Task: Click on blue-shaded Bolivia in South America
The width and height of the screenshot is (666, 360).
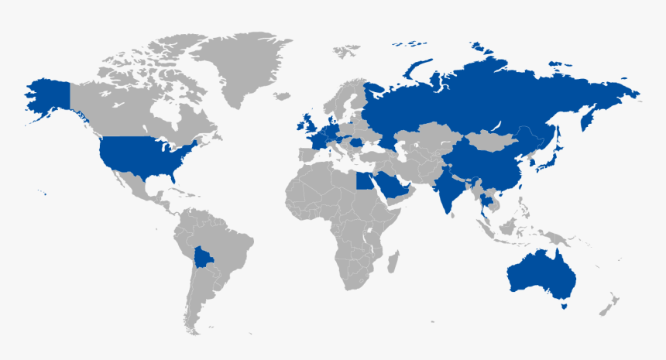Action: point(206,259)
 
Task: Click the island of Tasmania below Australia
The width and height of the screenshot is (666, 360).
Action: point(565,306)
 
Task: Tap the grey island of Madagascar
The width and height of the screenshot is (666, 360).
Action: point(393,259)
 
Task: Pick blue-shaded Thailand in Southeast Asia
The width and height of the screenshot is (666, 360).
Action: point(485,204)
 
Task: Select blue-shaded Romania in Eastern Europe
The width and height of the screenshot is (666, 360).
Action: point(357,142)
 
